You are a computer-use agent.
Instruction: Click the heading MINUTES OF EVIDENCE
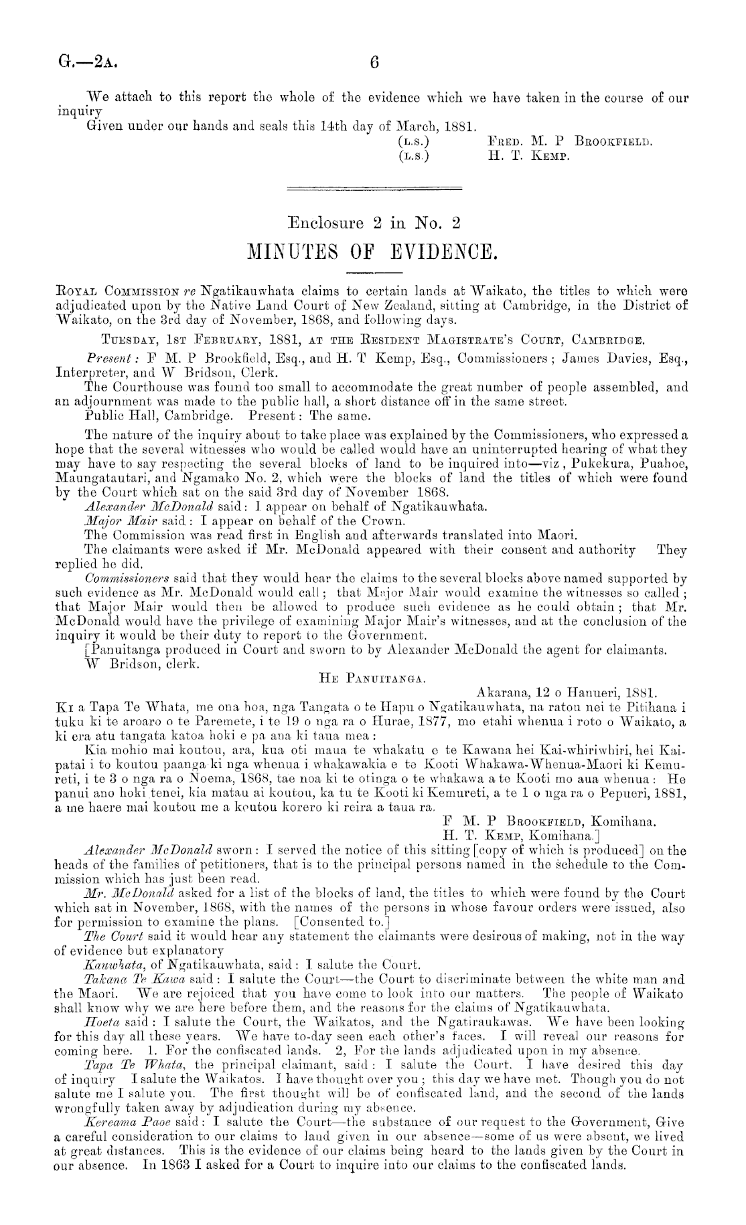(374, 252)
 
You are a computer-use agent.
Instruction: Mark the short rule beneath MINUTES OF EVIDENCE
(373, 272)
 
